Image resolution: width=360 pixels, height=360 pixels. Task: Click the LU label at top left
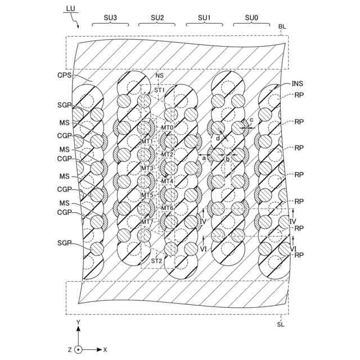70,8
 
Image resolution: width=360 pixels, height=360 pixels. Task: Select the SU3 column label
110,18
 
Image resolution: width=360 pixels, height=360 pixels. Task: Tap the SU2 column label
157,18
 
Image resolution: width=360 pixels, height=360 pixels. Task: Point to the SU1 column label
204,18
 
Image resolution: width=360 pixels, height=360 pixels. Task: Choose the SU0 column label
251,18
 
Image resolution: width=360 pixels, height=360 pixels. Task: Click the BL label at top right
282,26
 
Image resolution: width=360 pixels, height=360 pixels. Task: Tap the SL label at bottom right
281,324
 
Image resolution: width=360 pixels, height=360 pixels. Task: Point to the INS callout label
298,83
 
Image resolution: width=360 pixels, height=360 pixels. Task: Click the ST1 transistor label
160,90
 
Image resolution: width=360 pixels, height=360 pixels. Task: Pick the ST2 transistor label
156,260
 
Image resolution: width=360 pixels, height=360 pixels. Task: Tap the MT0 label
167,128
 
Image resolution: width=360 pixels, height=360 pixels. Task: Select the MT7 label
147,222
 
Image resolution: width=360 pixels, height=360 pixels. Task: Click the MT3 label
147,168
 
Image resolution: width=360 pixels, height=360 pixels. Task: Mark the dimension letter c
251,119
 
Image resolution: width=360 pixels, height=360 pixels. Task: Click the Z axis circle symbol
79,349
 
